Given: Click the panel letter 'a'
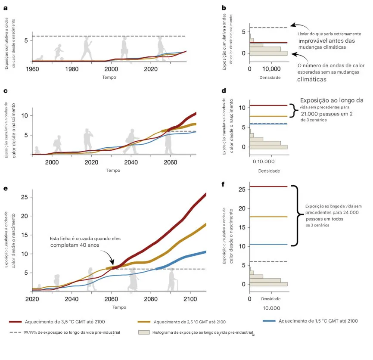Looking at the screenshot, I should point(5,7).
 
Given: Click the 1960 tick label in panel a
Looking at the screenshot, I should point(32,69).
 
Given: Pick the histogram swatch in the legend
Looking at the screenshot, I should point(144,332).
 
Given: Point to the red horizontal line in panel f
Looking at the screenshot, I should point(268,186).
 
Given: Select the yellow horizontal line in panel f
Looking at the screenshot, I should point(268,217).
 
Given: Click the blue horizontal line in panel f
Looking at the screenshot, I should point(268,244).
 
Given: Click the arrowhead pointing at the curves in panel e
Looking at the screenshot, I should point(113,264).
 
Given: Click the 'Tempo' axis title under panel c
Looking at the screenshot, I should point(113,170).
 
